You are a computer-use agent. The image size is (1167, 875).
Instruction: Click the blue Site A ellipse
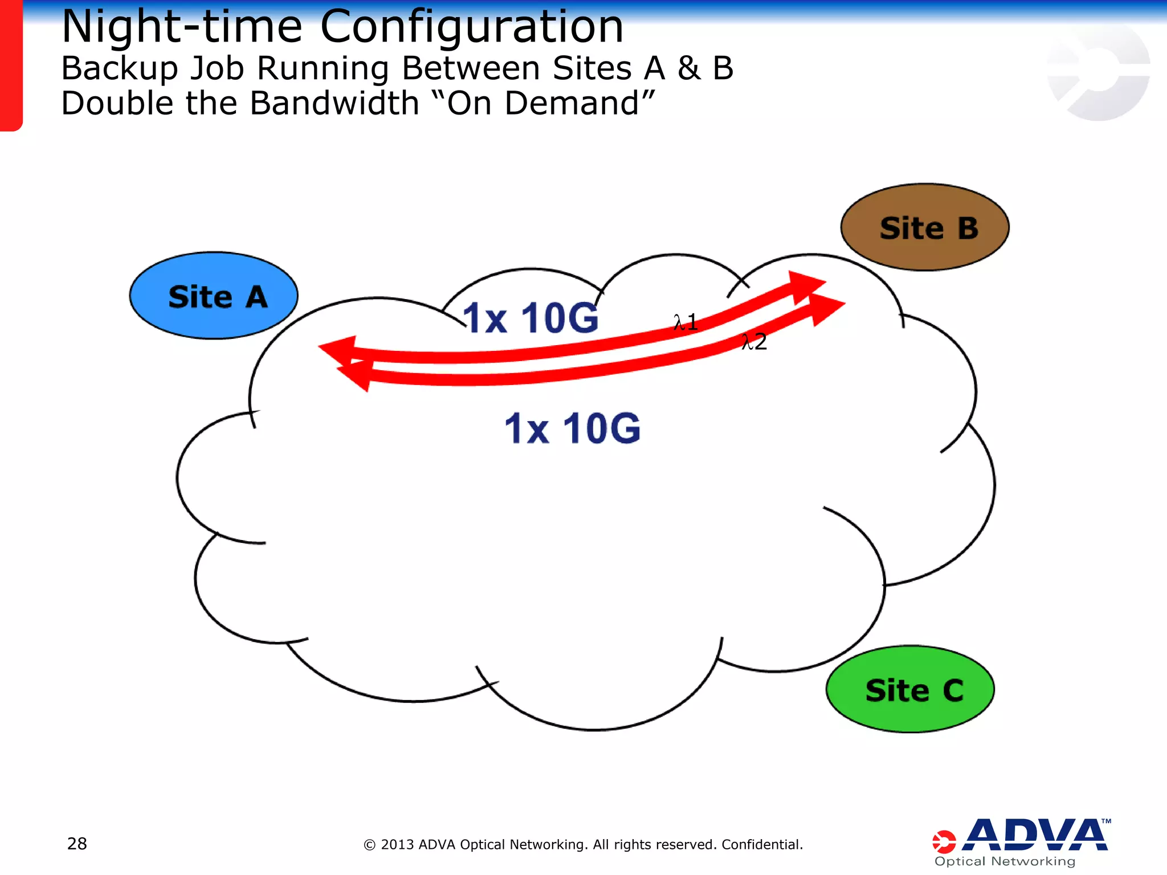pyautogui.click(x=214, y=296)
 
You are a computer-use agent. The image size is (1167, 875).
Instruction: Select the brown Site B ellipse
pyautogui.click(x=925, y=227)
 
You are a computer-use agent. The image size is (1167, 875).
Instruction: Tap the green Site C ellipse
pyautogui.click(x=910, y=689)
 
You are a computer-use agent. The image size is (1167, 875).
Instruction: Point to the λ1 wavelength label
pyautogui.click(x=685, y=322)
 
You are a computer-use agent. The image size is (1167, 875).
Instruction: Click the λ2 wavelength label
pyautogui.click(x=754, y=342)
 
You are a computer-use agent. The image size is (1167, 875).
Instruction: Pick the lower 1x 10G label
pyautogui.click(x=573, y=428)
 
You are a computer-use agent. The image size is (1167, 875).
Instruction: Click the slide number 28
pyautogui.click(x=77, y=844)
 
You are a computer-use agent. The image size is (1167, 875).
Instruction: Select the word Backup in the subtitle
pyautogui.click(x=119, y=68)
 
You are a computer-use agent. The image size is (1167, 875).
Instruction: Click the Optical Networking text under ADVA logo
pyautogui.click(x=1005, y=861)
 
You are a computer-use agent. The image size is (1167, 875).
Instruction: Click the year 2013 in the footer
pyautogui.click(x=397, y=844)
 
